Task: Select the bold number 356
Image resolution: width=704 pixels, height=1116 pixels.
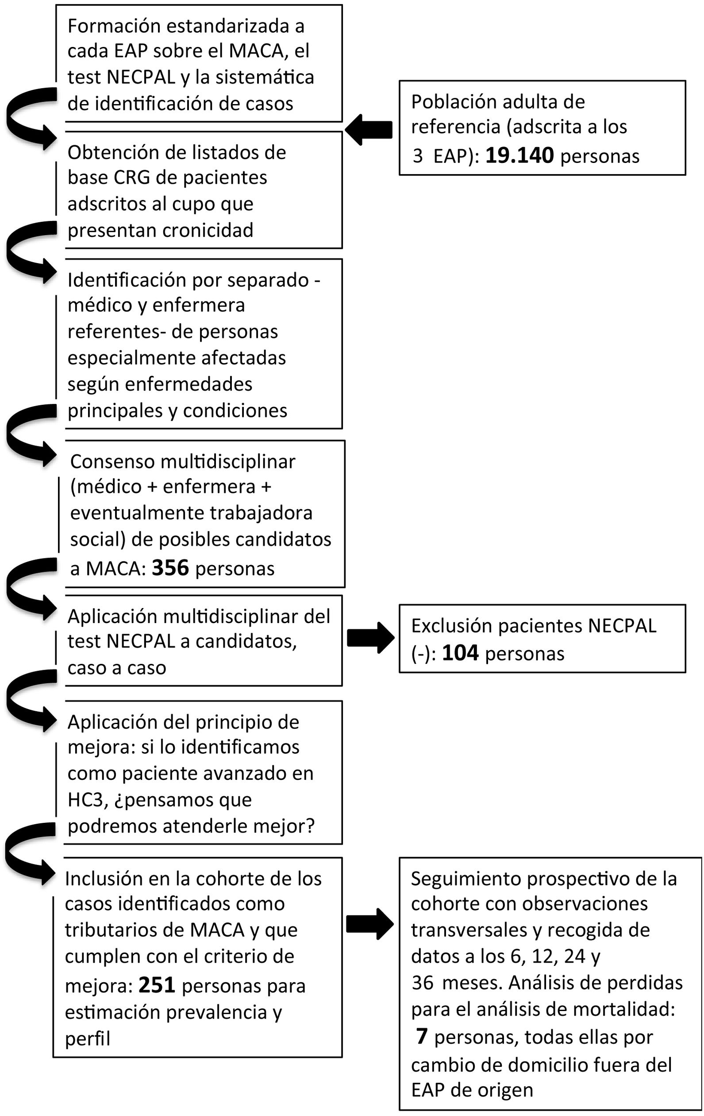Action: coord(170,568)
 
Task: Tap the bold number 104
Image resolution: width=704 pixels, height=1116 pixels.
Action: coord(460,654)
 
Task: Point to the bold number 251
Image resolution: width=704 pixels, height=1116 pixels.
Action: coord(157,985)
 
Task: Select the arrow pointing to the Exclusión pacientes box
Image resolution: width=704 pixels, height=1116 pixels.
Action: coord(370,638)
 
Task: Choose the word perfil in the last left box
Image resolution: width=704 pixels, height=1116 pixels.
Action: coord(88,1038)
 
